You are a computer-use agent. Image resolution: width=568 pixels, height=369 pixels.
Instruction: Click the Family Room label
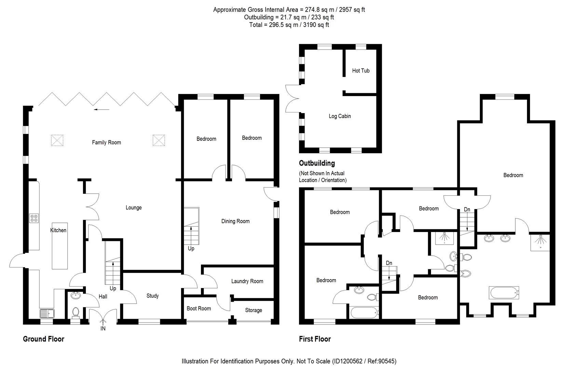(106, 142)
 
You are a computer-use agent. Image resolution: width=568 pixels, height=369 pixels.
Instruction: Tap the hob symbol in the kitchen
(34, 218)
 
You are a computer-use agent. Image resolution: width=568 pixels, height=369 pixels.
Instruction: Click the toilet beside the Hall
(76, 312)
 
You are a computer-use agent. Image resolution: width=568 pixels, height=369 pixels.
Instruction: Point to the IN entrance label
(103, 329)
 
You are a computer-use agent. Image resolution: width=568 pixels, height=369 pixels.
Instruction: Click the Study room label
(152, 296)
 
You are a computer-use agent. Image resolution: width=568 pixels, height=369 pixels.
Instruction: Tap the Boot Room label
(199, 309)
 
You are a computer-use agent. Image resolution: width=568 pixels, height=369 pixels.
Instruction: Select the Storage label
(253, 310)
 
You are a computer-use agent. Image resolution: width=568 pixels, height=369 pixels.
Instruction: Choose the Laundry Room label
(247, 281)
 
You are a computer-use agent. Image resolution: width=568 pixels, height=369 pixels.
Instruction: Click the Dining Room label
(235, 221)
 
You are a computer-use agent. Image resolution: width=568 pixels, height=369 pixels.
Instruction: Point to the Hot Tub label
(361, 71)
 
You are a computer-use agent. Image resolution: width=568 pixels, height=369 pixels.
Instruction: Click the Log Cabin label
(339, 116)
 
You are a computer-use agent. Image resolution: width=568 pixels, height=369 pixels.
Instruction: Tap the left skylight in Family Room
(57, 140)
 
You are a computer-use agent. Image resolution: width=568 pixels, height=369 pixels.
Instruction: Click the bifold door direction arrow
(102, 110)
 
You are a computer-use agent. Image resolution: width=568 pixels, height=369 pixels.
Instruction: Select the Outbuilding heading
(316, 163)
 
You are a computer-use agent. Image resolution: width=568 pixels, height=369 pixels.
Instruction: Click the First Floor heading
(314, 339)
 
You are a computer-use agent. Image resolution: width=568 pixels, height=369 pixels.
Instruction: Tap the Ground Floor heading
(43, 339)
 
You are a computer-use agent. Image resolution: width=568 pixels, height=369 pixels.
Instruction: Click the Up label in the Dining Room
(191, 248)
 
